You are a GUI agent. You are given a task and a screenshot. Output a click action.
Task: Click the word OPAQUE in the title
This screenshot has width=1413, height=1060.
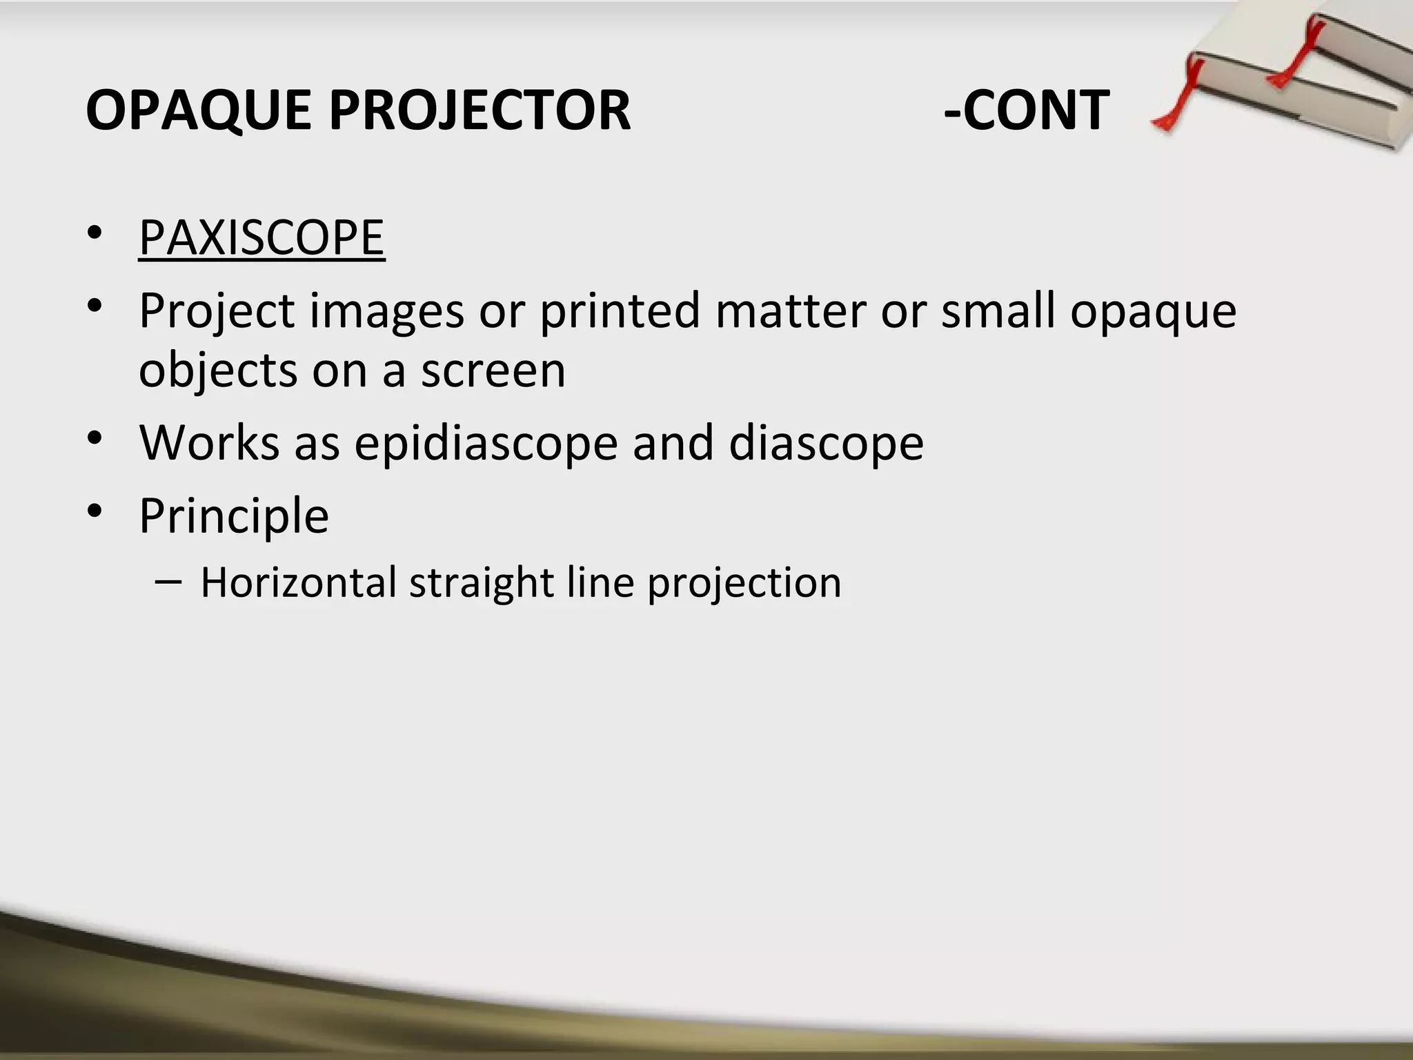pos(197,110)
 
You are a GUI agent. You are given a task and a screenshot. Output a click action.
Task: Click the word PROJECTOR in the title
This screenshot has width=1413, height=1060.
pos(480,110)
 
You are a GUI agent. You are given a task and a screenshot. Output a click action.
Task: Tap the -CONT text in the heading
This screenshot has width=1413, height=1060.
pos(1026,110)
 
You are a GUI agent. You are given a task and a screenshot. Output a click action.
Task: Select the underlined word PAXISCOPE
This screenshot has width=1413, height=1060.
pos(261,237)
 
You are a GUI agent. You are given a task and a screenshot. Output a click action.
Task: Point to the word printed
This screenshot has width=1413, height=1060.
pos(620,311)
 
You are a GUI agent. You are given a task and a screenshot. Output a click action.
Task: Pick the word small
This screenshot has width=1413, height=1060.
pos(998,311)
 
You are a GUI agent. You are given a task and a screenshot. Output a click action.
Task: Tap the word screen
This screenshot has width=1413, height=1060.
pos(493,371)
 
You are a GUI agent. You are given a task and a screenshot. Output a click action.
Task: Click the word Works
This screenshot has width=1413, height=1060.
pos(208,442)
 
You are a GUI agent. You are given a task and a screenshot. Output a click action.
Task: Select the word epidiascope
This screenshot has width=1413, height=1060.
pos(486,444)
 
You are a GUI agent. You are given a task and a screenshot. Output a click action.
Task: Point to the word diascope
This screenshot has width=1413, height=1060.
pos(826,442)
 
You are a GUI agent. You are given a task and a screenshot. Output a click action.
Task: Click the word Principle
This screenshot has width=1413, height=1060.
pos(234,516)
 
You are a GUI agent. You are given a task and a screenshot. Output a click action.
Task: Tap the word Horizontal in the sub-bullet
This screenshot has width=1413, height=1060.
pos(298,582)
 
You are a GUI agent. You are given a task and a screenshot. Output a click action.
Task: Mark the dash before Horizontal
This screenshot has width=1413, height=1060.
pos(169,581)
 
